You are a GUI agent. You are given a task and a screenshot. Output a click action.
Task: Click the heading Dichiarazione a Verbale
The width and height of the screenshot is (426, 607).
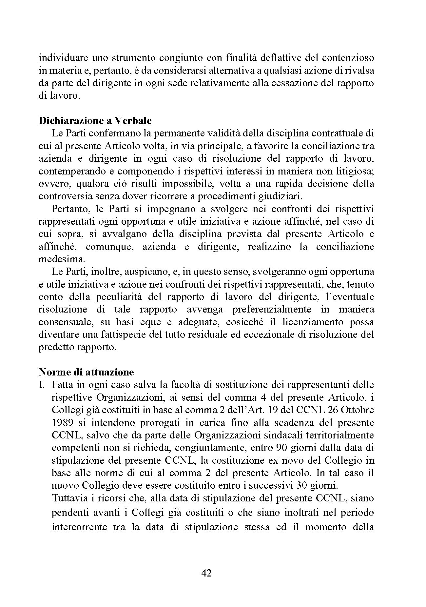(95, 121)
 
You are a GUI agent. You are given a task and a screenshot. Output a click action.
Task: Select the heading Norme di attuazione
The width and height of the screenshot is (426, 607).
(86, 372)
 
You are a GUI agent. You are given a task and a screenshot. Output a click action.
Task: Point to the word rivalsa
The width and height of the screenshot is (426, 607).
(359, 70)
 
